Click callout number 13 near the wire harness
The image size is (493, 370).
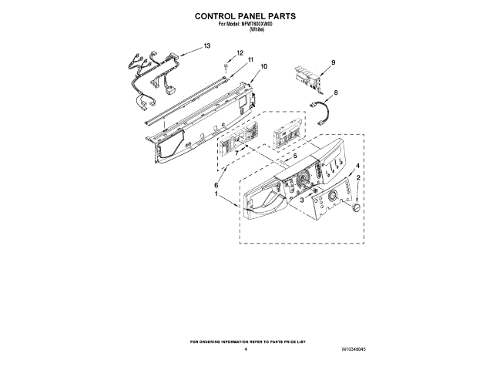tap(206, 46)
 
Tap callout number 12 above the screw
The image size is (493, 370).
tap(240, 53)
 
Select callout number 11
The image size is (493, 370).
tap(250, 60)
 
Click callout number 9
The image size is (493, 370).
tap(334, 62)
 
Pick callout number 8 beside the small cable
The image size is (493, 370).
tap(335, 92)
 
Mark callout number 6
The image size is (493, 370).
tap(216, 185)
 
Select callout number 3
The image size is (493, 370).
tap(302, 200)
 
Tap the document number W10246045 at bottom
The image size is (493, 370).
tap(354, 350)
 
